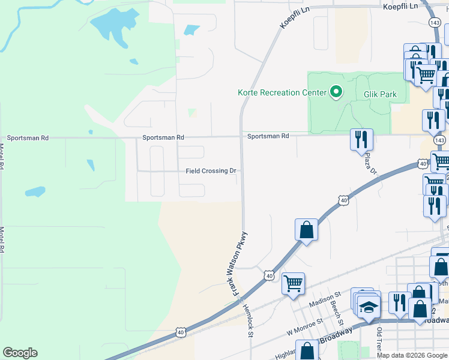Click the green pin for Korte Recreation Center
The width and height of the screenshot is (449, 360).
336,92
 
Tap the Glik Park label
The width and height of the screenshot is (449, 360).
381,94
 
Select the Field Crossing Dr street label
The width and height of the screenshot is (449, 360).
211,171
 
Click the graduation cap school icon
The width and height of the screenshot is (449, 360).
368,307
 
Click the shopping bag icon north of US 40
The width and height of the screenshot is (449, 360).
306,229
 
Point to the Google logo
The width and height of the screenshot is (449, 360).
20,353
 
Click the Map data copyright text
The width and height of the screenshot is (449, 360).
412,355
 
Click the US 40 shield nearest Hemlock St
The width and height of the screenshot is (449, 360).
268,275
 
